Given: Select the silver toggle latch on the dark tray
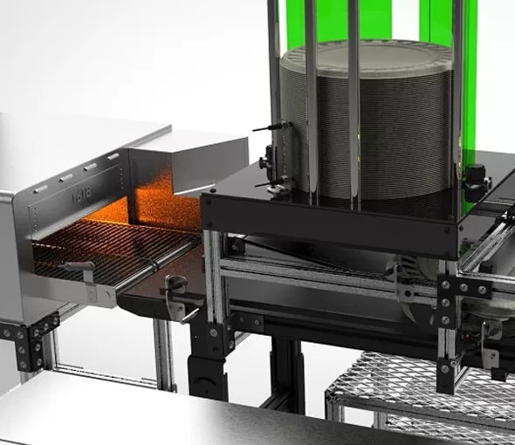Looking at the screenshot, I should click(178, 291).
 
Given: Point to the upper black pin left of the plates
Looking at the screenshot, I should click(271, 127).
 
